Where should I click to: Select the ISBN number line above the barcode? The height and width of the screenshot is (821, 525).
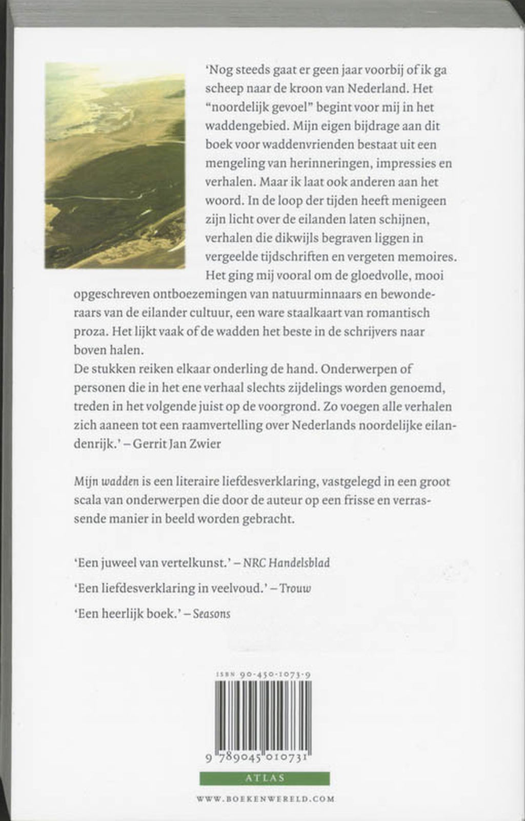point(264,675)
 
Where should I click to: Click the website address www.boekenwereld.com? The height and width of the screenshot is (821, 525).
point(266,798)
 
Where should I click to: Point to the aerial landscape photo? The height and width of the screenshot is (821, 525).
point(115,165)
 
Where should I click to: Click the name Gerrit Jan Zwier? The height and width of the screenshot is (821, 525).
point(176,444)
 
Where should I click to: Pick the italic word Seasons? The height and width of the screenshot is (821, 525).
point(211,613)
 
